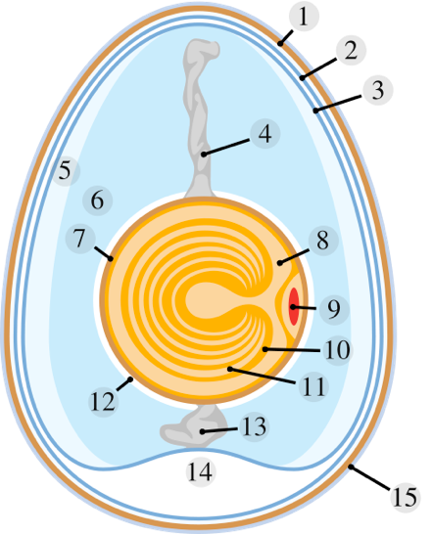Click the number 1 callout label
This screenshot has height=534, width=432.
click(x=304, y=16)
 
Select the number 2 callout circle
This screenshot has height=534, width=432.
click(x=351, y=51)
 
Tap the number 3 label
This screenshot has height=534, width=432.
click(x=378, y=90)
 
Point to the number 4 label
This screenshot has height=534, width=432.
click(x=265, y=133)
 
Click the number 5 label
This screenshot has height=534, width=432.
click(x=66, y=170)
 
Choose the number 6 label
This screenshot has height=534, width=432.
click(x=98, y=200)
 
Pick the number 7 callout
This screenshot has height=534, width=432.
click(x=80, y=239)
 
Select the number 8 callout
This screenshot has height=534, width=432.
click(x=323, y=241)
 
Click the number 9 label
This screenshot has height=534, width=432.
click(x=334, y=309)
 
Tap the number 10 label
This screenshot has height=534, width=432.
click(x=338, y=350)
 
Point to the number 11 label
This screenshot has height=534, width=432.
click(x=313, y=386)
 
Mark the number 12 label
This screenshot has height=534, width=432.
click(x=103, y=402)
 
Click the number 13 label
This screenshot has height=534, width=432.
click(x=255, y=426)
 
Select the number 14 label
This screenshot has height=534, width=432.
click(x=201, y=472)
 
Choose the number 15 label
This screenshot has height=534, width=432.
click(x=405, y=497)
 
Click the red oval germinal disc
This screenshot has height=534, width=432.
click(x=294, y=306)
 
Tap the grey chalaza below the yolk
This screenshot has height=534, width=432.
click(x=194, y=425)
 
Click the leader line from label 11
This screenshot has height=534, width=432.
click(x=263, y=377)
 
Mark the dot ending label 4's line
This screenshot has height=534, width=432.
click(x=204, y=155)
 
